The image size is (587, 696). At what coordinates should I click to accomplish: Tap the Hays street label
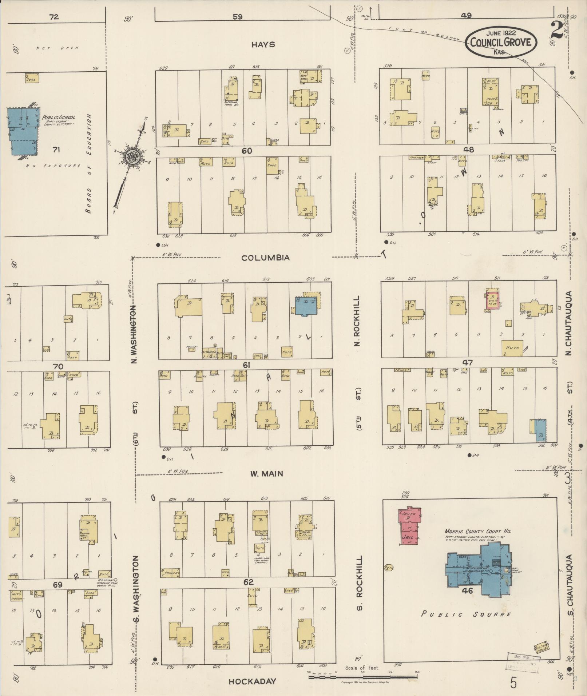pyautogui.click(x=263, y=45)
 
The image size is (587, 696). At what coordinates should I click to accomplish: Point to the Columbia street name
pyautogui.click(x=266, y=258)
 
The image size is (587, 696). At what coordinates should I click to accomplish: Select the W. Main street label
pyautogui.click(x=266, y=474)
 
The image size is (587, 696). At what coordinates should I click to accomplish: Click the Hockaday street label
pyautogui.click(x=252, y=681)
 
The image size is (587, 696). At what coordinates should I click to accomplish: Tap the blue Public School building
pyautogui.click(x=22, y=131)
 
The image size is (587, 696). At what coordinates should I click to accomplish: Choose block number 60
pyautogui.click(x=247, y=151)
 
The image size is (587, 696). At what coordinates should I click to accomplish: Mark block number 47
pyautogui.click(x=467, y=362)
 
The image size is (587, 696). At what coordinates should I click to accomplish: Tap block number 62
pyautogui.click(x=248, y=582)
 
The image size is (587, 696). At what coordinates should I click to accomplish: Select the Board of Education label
pyautogui.click(x=89, y=164)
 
